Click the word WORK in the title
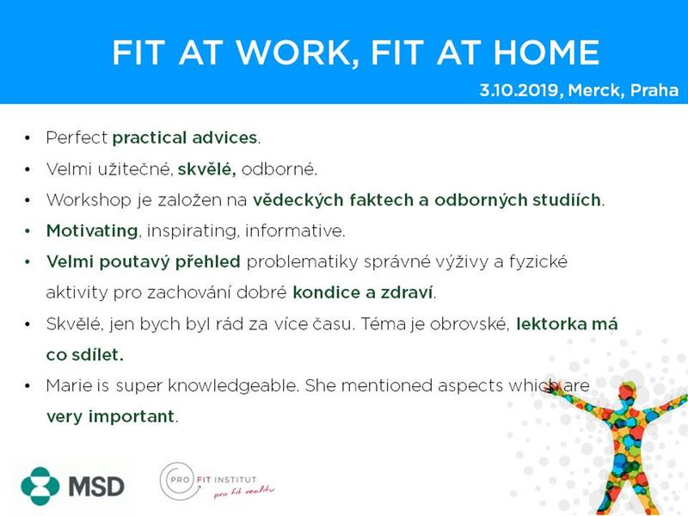(x=293, y=52)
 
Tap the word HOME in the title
(x=546, y=52)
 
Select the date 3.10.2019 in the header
(x=520, y=90)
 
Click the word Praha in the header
(x=654, y=90)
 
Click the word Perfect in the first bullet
(x=77, y=138)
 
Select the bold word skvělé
(x=206, y=169)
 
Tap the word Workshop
(x=89, y=200)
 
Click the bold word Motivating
(x=92, y=230)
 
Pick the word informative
(x=295, y=230)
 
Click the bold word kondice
(x=327, y=292)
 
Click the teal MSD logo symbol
(x=40, y=486)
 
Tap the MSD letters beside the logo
(x=96, y=486)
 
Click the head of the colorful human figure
(x=629, y=392)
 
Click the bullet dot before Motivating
(x=28, y=231)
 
